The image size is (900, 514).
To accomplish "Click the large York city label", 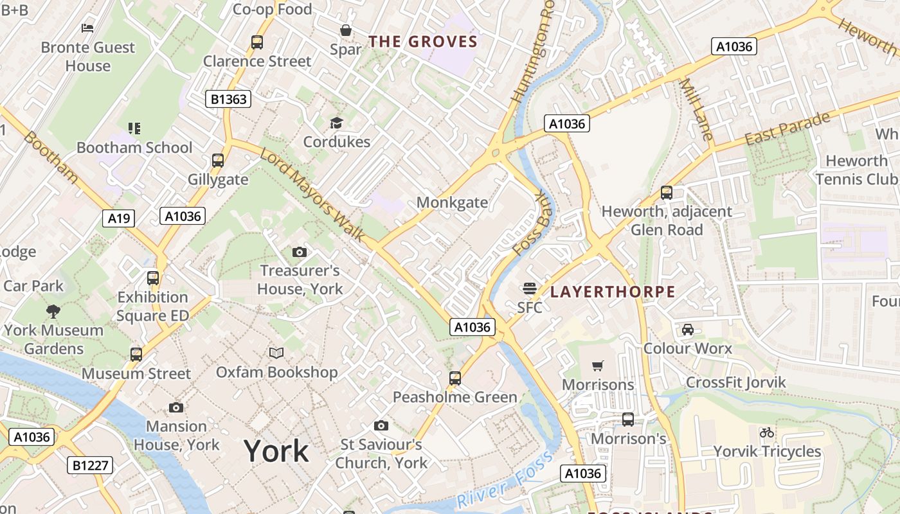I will click(x=276, y=452).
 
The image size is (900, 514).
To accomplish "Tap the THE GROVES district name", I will click(x=423, y=42).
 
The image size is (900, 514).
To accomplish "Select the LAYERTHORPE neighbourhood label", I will click(x=613, y=292).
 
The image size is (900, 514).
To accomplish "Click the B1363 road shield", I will click(x=228, y=99).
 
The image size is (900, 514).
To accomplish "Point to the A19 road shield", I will click(x=118, y=218).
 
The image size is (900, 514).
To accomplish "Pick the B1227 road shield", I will click(x=90, y=465).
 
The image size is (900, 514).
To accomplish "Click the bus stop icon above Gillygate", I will click(x=218, y=161).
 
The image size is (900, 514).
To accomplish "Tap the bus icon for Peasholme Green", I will click(x=455, y=378).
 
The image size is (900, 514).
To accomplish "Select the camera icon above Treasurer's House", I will click(x=300, y=252).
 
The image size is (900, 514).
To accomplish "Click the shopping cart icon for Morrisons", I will click(x=598, y=366).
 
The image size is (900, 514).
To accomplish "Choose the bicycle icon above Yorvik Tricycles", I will click(x=767, y=432).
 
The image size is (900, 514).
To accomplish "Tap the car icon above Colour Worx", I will click(x=687, y=330).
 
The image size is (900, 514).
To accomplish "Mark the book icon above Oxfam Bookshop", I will click(x=276, y=353).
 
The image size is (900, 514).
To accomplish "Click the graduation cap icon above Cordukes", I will click(x=336, y=123).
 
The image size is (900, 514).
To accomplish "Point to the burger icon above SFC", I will click(x=530, y=288).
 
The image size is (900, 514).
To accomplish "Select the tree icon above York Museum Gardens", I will click(x=53, y=312).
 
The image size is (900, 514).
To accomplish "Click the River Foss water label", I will click(x=505, y=481).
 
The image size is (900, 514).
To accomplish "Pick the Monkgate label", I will click(x=452, y=202).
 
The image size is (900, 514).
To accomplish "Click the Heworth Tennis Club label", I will click(x=856, y=170).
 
